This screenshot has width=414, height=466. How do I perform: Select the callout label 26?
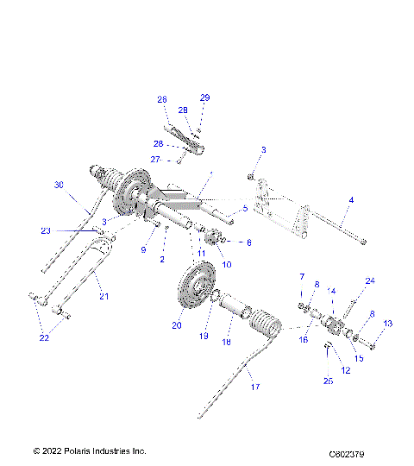tap(161, 99)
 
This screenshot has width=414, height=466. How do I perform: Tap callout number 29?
tap(204, 98)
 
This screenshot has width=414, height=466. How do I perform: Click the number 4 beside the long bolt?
tap(351, 200)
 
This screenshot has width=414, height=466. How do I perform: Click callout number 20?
tap(176, 325)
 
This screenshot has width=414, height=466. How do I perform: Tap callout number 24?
tap(371, 280)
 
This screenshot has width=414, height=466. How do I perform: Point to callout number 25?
tap(329, 381)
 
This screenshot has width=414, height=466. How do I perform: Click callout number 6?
tap(250, 242)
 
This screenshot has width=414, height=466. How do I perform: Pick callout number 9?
tap(144, 251)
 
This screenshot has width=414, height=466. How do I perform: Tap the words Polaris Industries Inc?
tap(102, 450)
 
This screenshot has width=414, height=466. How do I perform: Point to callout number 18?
tap(227, 342)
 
